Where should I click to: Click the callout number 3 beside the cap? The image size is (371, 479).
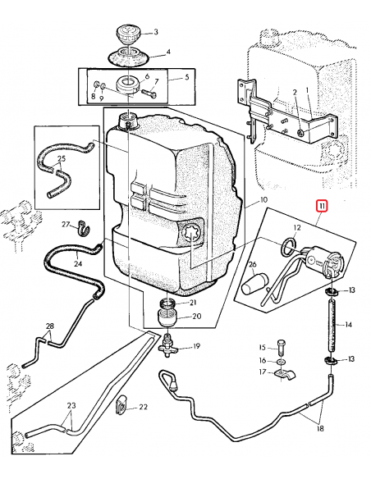pos(155,33)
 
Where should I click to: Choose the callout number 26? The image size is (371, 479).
pos(254,264)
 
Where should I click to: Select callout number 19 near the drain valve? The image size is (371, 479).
pos(196,347)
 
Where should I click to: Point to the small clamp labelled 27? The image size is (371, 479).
pos(82,227)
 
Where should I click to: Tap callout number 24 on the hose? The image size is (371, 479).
pos(78,263)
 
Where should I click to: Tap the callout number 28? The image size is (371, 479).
pos(50,327)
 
